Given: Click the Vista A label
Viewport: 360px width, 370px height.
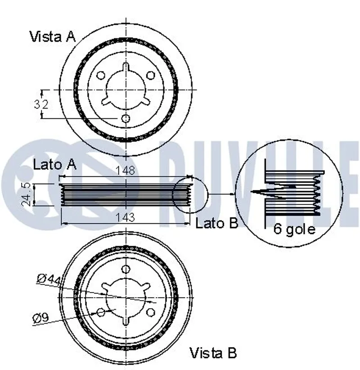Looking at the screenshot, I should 53,36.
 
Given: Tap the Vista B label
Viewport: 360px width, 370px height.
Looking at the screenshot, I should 213,352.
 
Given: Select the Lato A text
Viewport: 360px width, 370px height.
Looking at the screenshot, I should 54,165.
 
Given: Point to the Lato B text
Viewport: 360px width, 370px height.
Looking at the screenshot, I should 216,223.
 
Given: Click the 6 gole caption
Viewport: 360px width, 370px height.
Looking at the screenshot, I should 295,229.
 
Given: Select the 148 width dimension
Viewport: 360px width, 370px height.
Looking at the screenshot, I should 126,171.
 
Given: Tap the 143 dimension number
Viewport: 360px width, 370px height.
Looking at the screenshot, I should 126,218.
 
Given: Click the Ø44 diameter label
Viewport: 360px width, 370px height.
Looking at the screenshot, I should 49,279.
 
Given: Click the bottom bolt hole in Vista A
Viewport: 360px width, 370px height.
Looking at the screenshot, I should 126,118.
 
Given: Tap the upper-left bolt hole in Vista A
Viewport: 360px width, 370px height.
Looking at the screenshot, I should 101,75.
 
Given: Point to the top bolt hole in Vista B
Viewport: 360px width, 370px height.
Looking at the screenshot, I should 126,269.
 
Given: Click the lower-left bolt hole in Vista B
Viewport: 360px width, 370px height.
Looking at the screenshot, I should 101,312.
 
